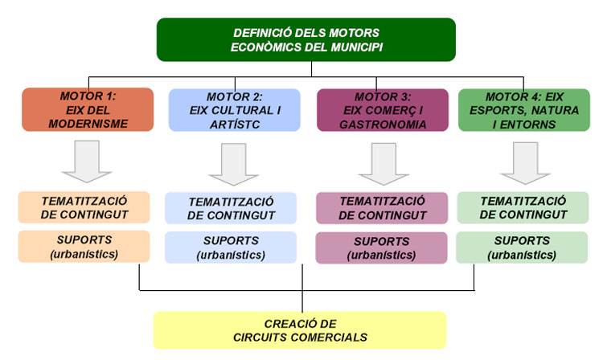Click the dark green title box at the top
pos(306,39)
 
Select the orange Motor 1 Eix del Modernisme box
pos(88,109)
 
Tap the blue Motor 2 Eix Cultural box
pos(235,110)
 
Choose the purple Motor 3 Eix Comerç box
pos(383,110)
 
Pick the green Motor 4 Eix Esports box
pos(524,110)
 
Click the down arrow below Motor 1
pos(87,162)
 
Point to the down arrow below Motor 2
pos(233,165)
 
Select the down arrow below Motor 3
pos(384,164)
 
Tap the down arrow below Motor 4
pos(525,163)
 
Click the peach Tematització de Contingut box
pos(84,207)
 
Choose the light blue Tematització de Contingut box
pos(231,208)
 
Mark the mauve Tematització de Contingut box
pos(382,208)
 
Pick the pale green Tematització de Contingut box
pos(523,207)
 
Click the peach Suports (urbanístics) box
pos(84,247)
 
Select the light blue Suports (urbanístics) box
pos(231,247)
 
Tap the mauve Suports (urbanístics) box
pos(381,247)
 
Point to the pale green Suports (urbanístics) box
pos(522,247)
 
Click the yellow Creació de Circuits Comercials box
pos(300,330)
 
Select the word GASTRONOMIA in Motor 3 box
pos(383,125)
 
